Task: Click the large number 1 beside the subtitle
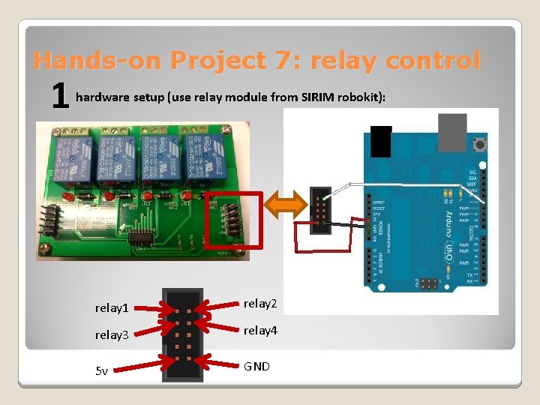tap(60, 97)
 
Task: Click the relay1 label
tap(112, 307)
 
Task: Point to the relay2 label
tap(260, 304)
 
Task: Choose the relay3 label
tap(112, 334)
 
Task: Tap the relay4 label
tap(260, 330)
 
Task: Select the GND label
tap(256, 366)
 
